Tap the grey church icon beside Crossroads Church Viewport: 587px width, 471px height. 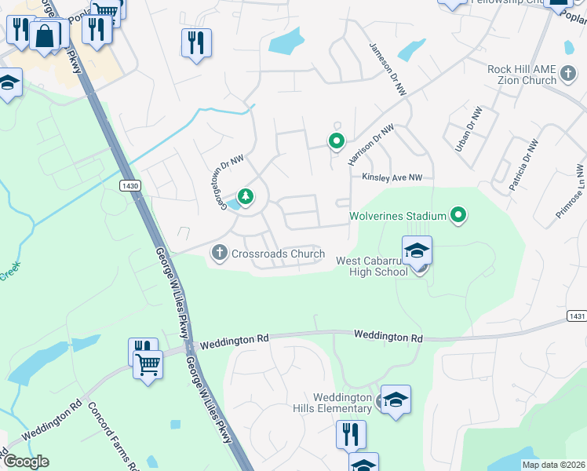(x=219, y=254)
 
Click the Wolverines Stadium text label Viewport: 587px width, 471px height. (x=397, y=215)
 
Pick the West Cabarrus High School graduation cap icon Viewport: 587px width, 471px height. (x=417, y=251)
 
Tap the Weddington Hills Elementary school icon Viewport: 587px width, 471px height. (x=396, y=400)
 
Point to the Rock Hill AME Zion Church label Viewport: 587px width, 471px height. (x=521, y=75)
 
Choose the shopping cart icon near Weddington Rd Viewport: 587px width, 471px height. (x=148, y=364)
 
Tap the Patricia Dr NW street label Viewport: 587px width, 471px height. (x=523, y=166)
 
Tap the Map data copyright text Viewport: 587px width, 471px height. (x=554, y=465)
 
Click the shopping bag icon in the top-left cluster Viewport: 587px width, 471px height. (x=46, y=35)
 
